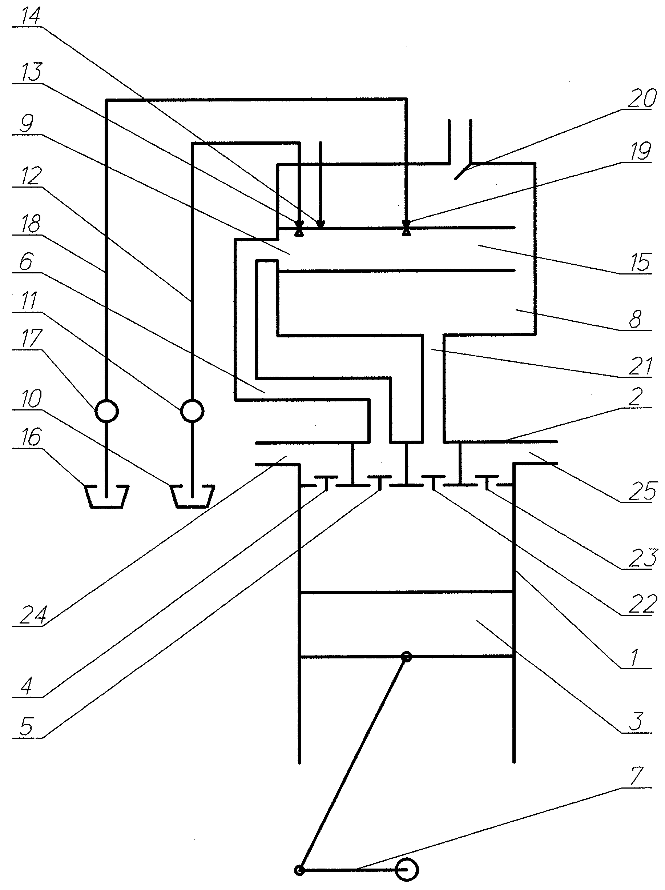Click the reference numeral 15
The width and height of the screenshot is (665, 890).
pos(639,262)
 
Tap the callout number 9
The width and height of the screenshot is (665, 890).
pos(27,123)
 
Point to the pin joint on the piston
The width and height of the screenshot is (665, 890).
pos(407,657)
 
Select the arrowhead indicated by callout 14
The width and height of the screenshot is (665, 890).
pos(321,224)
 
